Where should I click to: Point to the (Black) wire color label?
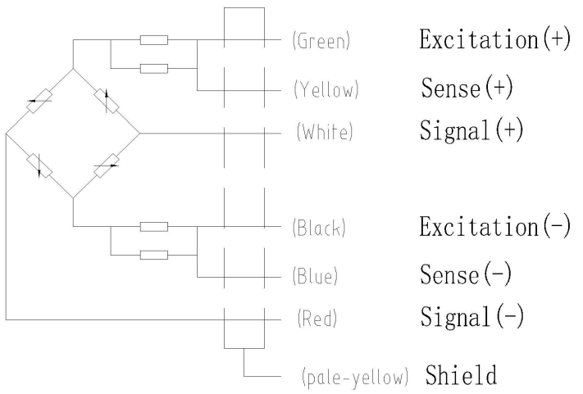(x=319, y=229)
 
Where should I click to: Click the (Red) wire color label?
(x=313, y=317)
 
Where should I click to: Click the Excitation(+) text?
(x=494, y=40)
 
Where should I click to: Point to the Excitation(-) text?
(x=494, y=226)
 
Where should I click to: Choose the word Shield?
(x=461, y=377)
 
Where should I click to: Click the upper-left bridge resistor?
(x=39, y=102)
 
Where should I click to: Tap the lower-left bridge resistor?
(x=39, y=164)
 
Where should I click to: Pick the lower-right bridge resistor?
(x=106, y=165)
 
